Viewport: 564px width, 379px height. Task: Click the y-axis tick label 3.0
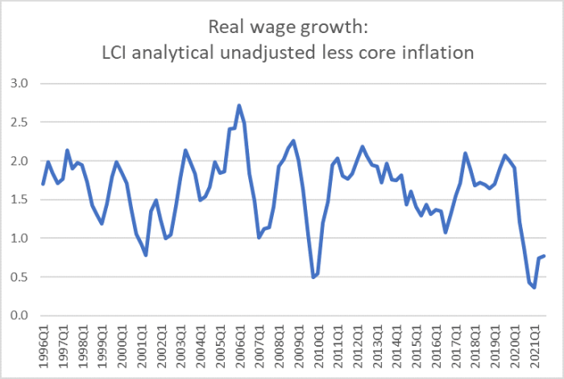pos(19,83)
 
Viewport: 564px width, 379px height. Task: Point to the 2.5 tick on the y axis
pos(19,122)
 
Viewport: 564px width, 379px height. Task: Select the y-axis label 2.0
pos(19,160)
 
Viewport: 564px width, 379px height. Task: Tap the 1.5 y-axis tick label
pos(19,199)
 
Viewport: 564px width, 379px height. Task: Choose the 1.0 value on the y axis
pos(19,238)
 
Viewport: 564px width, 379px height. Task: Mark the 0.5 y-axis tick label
pos(19,277)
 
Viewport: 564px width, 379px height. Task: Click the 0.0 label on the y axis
pos(19,315)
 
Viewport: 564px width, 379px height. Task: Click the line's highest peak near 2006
pos(239,105)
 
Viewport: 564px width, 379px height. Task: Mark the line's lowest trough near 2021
pos(534,288)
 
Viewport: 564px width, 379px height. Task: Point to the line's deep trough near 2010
pos(313,277)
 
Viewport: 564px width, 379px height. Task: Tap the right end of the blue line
pos(545,256)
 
